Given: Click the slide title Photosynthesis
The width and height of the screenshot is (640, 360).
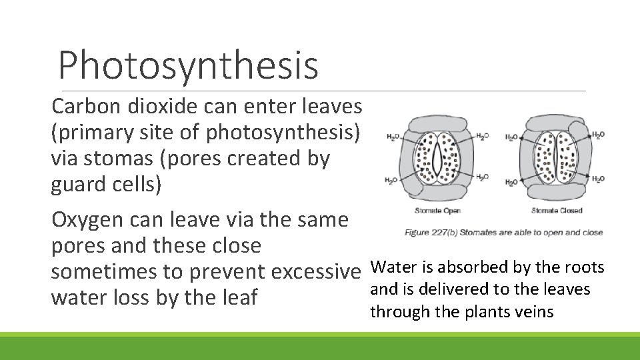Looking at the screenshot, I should (x=188, y=65).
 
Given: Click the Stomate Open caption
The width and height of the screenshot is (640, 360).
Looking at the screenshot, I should (x=437, y=211).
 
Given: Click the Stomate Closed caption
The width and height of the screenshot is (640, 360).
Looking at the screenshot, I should (x=557, y=211).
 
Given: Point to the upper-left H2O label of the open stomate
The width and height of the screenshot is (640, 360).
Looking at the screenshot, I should (x=393, y=137).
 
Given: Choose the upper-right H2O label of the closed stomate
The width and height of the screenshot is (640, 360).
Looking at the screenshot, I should (x=598, y=135).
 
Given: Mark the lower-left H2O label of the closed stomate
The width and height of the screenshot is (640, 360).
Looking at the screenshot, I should (x=511, y=182).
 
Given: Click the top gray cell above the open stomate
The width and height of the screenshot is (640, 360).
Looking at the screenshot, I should (x=437, y=122).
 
